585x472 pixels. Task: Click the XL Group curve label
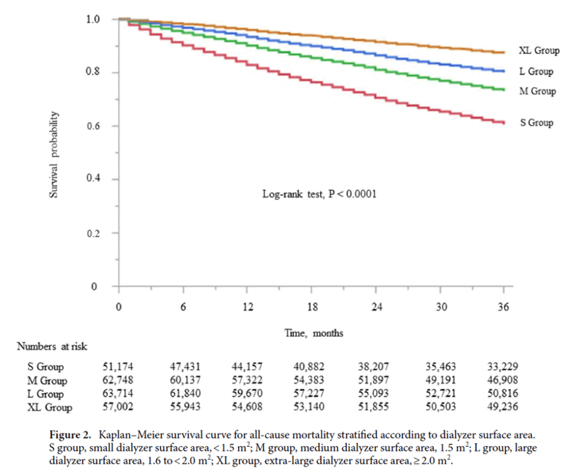539,51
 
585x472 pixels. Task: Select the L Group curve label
536,71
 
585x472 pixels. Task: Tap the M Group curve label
537,91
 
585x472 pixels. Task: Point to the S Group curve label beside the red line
536,123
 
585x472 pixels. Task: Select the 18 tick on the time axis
311,306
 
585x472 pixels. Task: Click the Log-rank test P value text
319,194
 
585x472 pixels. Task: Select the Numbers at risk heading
52,346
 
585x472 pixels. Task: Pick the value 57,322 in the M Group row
247,380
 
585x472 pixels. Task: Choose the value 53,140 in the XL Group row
311,408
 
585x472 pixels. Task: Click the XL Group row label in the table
50,408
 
